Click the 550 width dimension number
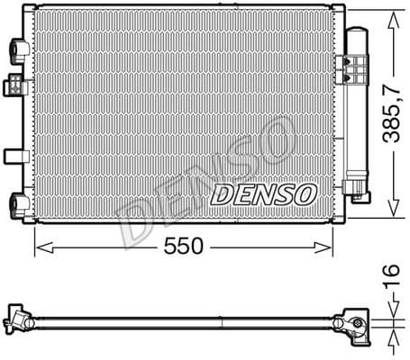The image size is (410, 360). point(184,246)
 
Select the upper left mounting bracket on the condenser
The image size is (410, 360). point(18,48)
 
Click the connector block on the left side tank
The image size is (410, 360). point(15,86)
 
